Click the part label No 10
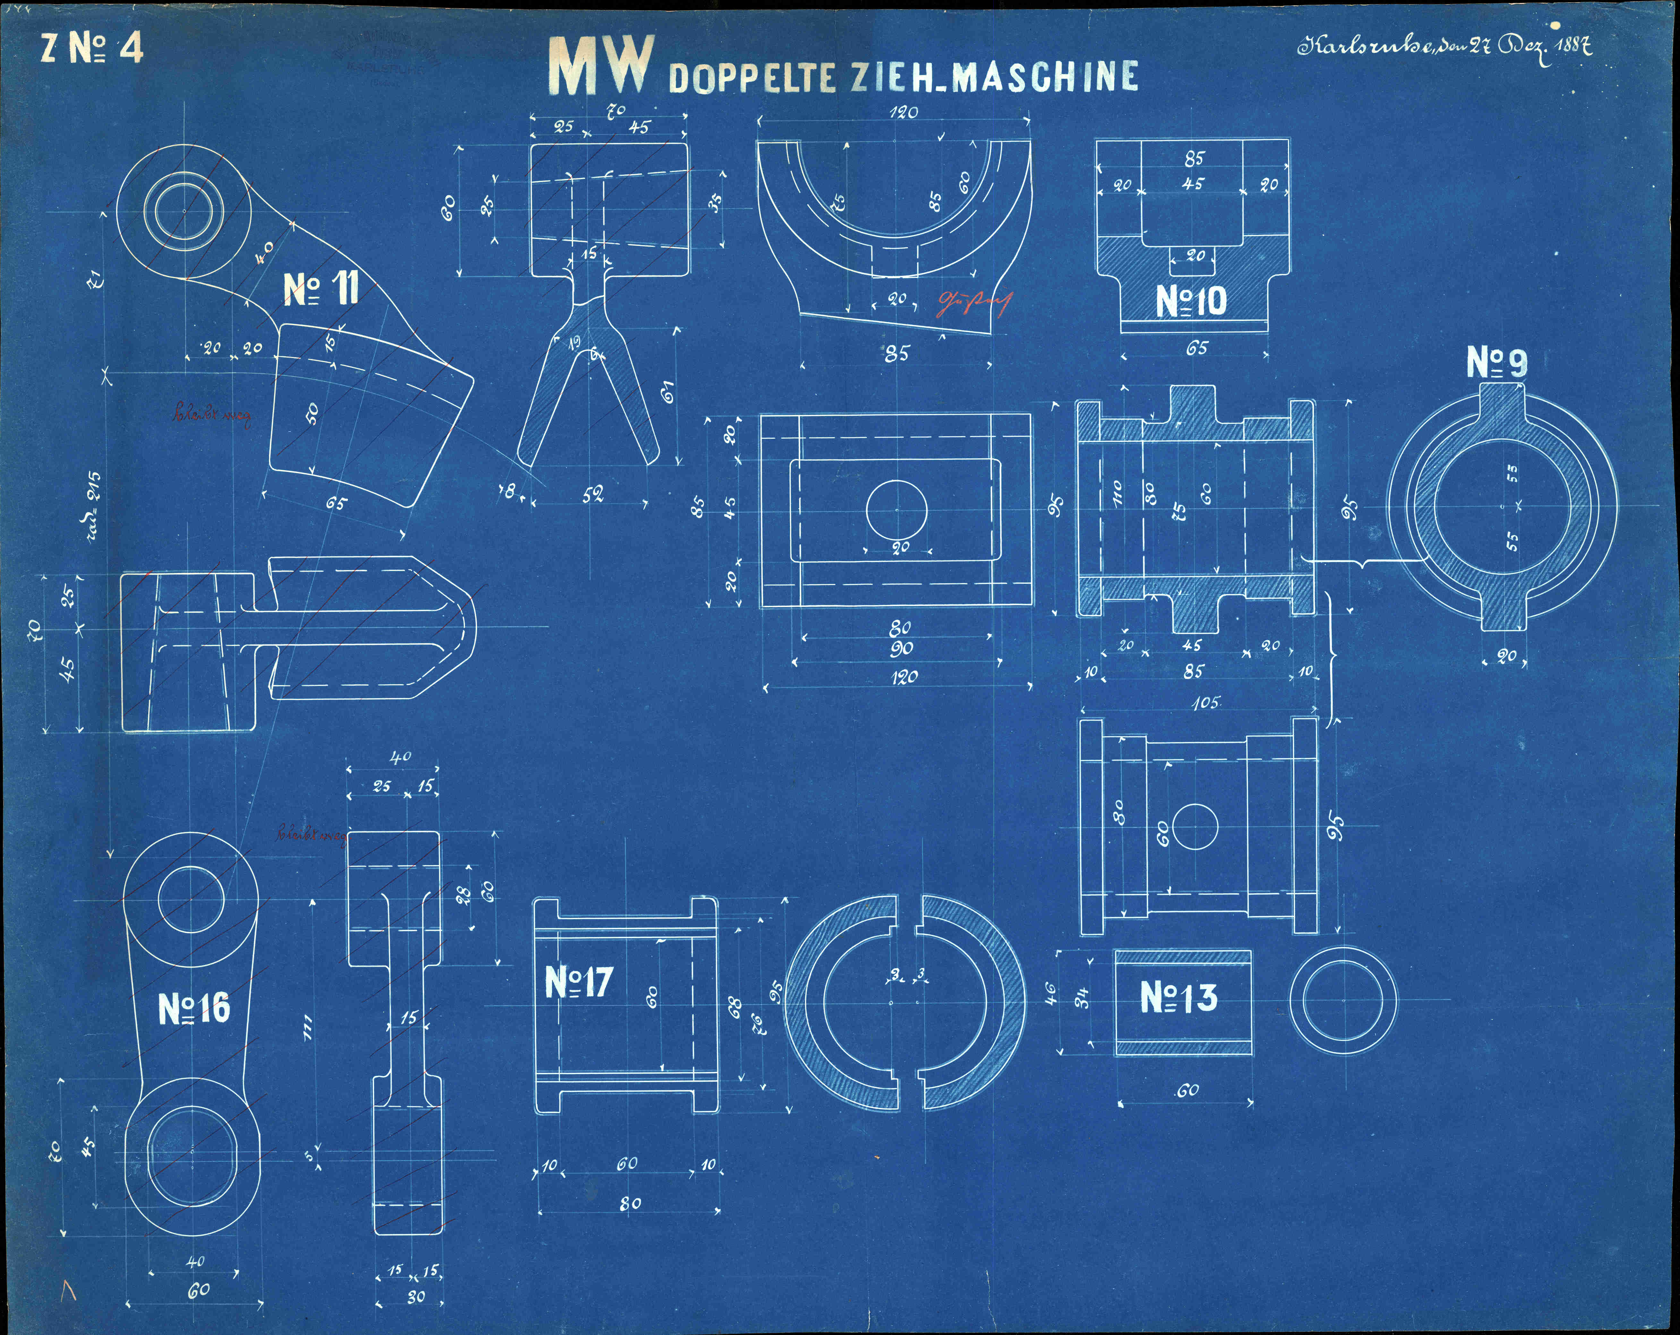pyautogui.click(x=1191, y=301)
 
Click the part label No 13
pyautogui.click(x=1178, y=997)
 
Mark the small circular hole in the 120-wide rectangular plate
pyautogui.click(x=896, y=510)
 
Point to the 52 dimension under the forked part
pyautogui.click(x=592, y=495)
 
